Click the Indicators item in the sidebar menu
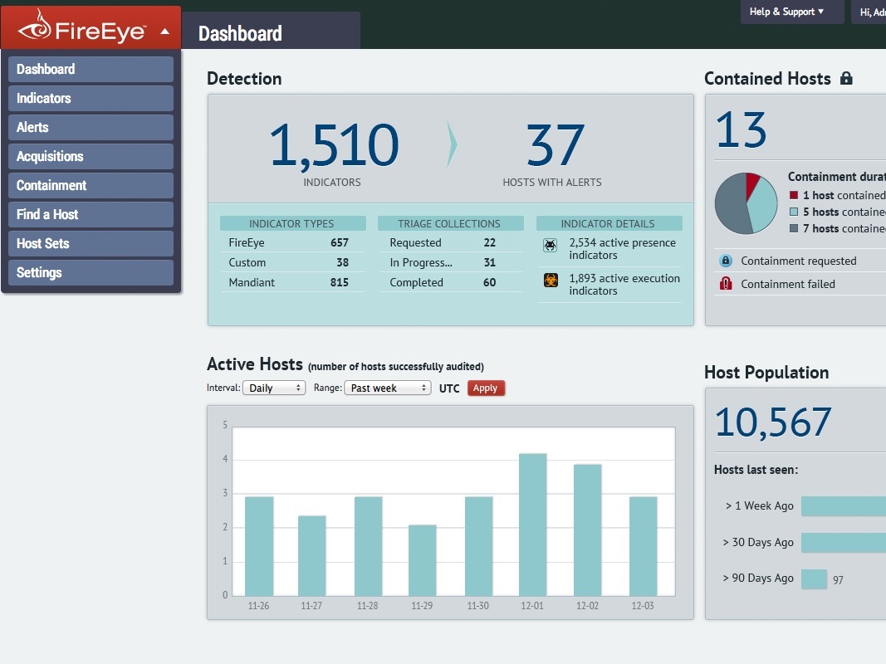[91, 98]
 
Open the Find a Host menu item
[91, 214]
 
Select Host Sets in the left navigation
[91, 243]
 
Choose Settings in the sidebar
[91, 272]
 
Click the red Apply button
[486, 388]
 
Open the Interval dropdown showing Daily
[274, 388]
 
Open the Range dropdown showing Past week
[389, 388]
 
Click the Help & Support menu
[786, 12]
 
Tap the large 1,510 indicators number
[333, 145]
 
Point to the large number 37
[555, 145]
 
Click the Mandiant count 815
[339, 282]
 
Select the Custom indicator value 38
[342, 262]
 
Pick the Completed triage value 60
[490, 282]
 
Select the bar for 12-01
[532, 524]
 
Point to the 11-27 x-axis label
[311, 606]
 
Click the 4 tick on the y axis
[224, 459]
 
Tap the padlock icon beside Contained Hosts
[846, 79]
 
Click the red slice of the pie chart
[752, 186]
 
